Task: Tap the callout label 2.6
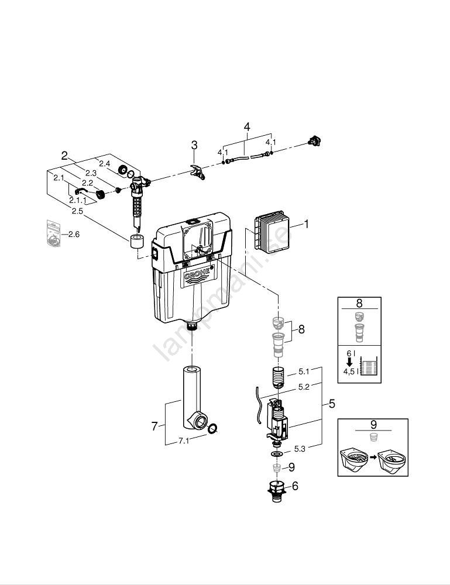pos(74,235)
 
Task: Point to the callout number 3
pos(194,145)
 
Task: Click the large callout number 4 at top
pos(246,127)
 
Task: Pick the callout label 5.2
pos(304,387)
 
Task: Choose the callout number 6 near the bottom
pos(295,486)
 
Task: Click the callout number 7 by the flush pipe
pos(154,426)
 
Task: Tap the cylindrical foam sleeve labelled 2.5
pos(137,242)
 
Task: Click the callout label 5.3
pos(300,449)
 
